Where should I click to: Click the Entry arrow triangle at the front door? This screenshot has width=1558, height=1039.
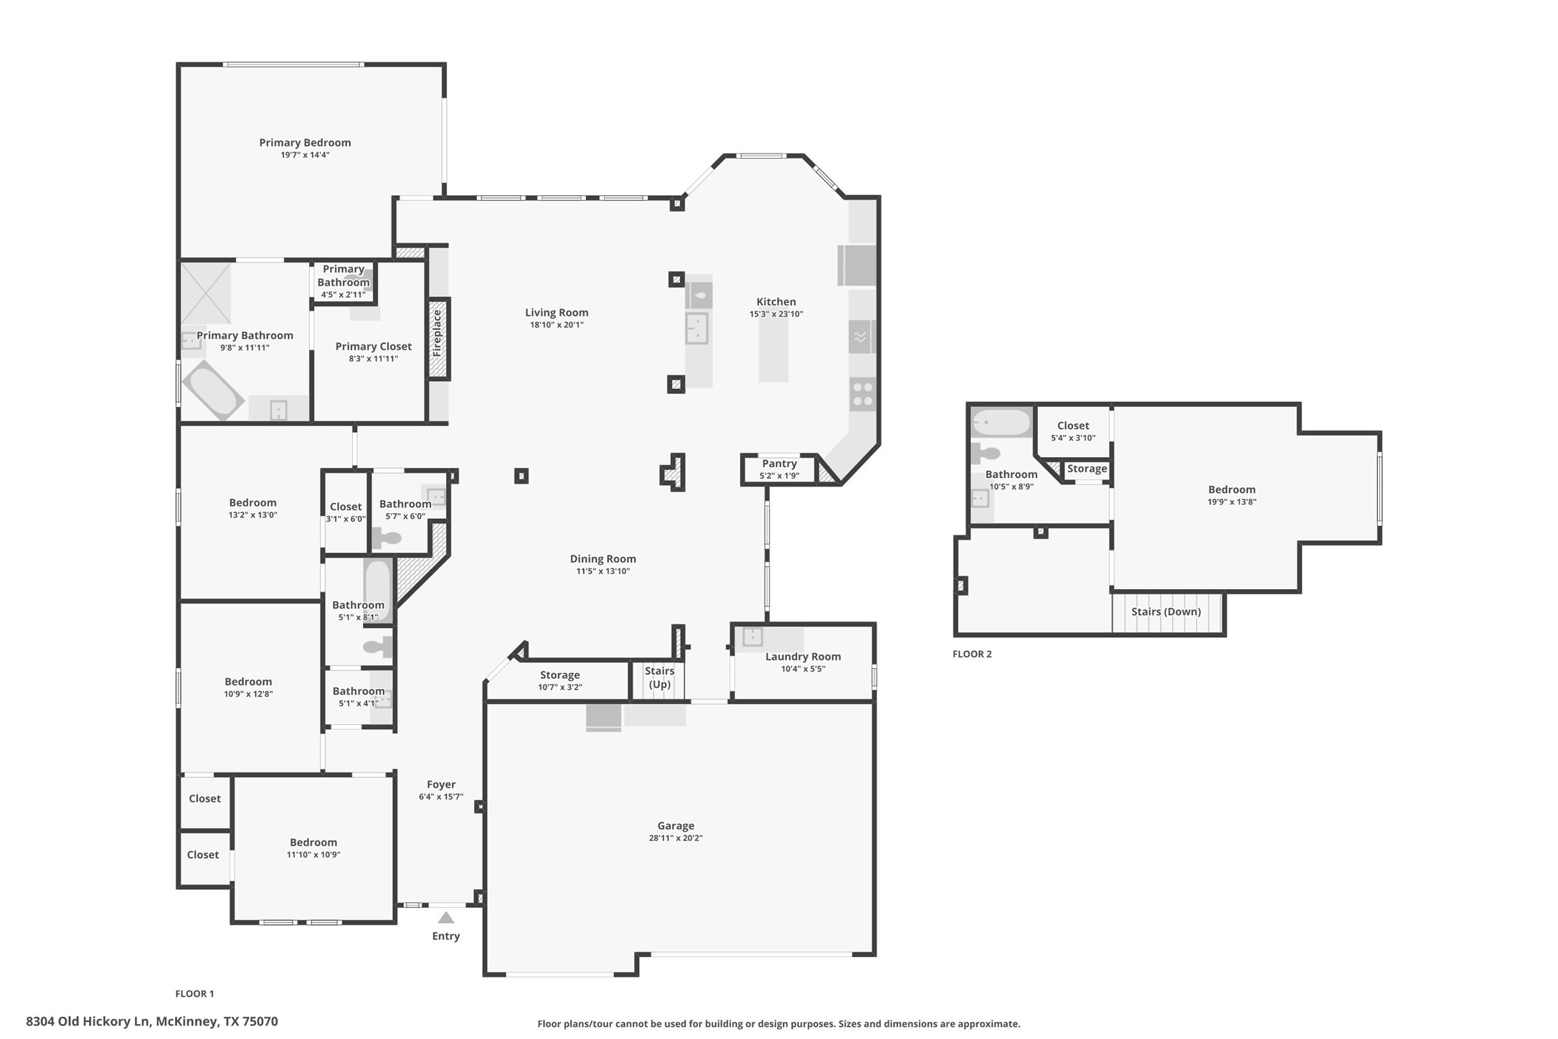(x=446, y=918)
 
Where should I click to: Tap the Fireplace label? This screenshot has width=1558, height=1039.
(x=437, y=334)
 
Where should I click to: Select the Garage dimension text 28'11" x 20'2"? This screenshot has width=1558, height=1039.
(x=676, y=838)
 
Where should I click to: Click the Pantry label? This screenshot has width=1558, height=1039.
(x=779, y=464)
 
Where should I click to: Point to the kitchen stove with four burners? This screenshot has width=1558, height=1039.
(x=863, y=394)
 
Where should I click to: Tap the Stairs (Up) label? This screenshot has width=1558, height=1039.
(x=659, y=677)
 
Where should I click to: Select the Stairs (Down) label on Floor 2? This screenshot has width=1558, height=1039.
(x=1166, y=612)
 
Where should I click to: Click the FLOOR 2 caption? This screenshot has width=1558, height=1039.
(x=972, y=654)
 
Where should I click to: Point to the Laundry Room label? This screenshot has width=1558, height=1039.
(x=803, y=657)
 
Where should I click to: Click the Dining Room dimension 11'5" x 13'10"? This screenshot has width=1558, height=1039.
(x=603, y=571)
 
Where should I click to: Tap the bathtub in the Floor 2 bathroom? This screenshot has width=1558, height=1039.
(x=1001, y=423)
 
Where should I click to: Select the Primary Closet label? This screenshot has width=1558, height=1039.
(x=373, y=347)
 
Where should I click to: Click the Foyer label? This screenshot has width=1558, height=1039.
(x=441, y=784)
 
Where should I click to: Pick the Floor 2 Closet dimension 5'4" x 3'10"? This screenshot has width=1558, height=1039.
(x=1073, y=438)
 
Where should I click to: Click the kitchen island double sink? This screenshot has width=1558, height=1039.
(x=697, y=329)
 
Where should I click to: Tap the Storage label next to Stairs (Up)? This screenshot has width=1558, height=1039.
(x=560, y=675)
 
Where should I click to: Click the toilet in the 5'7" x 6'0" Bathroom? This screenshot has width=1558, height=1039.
(x=387, y=538)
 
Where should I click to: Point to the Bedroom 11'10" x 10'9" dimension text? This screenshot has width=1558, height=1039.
(x=313, y=855)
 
